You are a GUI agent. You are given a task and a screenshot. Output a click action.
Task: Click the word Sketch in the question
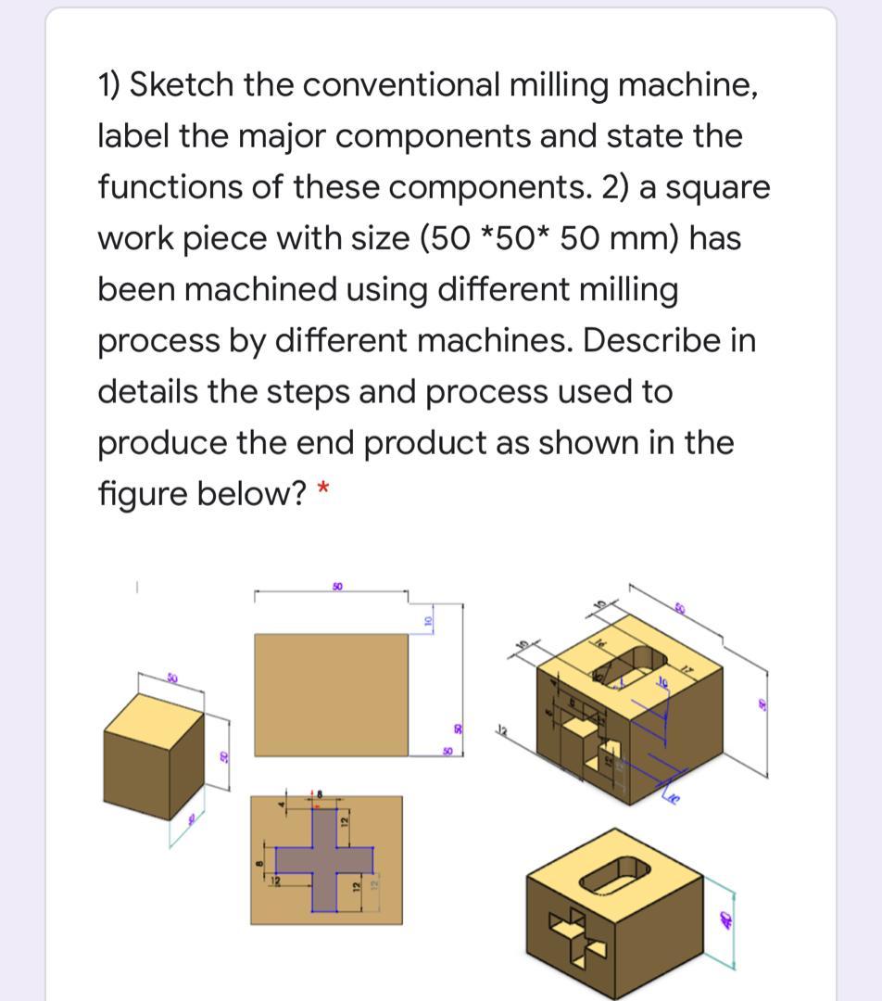point(182,85)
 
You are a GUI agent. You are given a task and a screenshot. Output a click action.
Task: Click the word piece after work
point(229,238)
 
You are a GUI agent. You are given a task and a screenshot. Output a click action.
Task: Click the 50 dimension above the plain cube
point(171,679)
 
